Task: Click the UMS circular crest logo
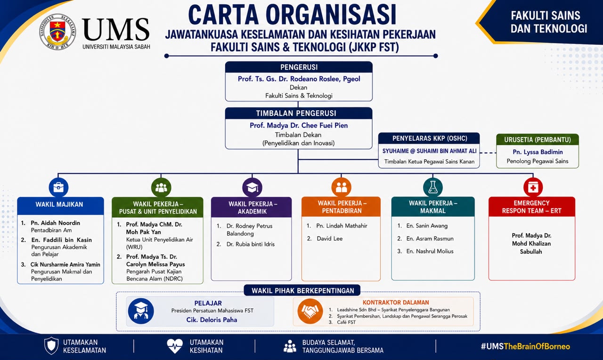click(x=57, y=32)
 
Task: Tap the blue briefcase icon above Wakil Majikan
click(x=58, y=187)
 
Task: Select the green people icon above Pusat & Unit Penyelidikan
click(x=161, y=187)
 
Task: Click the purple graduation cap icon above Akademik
click(x=252, y=187)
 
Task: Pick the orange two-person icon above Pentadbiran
click(x=342, y=187)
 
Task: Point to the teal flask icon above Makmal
click(x=433, y=187)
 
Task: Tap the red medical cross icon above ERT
click(x=533, y=187)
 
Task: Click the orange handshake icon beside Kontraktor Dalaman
click(x=310, y=311)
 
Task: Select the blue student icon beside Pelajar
click(x=141, y=311)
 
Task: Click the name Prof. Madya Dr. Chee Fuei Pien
click(x=299, y=125)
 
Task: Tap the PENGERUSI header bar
click(x=299, y=67)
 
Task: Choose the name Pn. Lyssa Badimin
click(x=538, y=152)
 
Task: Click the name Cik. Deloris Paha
click(x=212, y=320)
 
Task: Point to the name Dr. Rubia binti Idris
click(x=251, y=244)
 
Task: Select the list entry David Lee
click(x=329, y=238)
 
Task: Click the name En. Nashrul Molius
click(x=430, y=251)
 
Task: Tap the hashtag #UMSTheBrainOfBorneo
click(x=525, y=346)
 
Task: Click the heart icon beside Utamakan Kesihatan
click(x=175, y=346)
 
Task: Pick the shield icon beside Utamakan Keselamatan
click(x=51, y=346)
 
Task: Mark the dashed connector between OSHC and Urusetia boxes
click(x=488, y=153)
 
